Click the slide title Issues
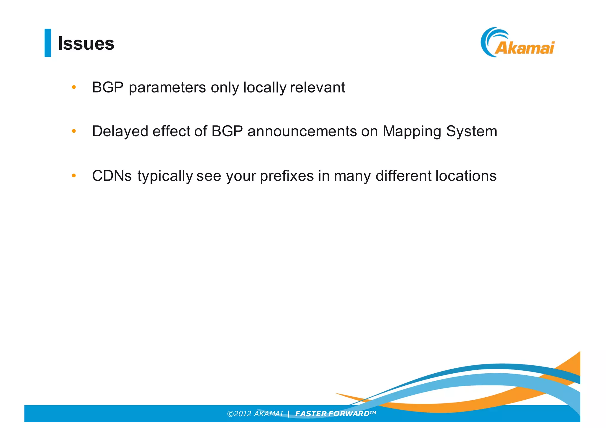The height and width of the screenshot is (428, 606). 86,43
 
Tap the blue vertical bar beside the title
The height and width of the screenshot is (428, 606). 48,43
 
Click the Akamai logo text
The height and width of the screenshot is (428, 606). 524,48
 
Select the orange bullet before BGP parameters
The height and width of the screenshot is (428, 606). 74,87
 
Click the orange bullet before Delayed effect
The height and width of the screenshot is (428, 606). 74,131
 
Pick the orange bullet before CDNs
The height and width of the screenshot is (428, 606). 74,176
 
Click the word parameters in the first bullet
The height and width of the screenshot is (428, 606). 167,87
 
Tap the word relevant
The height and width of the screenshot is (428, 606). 317,87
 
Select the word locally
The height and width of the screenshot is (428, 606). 265,87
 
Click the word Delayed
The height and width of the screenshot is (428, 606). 120,131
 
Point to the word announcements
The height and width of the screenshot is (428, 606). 302,131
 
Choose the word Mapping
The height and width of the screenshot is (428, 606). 412,131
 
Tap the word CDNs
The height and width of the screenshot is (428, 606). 112,176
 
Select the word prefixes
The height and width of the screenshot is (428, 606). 287,176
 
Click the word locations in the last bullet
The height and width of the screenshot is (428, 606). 466,176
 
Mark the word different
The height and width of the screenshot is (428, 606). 404,176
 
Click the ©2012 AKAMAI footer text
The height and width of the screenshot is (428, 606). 255,414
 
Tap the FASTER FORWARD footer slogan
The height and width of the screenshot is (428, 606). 335,414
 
